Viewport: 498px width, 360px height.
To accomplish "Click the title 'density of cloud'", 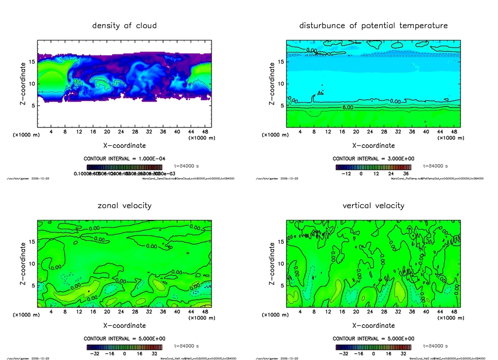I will tap(124, 25).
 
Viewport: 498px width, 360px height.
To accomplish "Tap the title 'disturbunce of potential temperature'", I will tap(373, 25).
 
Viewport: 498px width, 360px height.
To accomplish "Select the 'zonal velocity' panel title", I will tap(124, 205).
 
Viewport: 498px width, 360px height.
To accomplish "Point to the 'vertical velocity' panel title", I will tap(373, 205).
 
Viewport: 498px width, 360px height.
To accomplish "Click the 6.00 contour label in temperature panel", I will tap(348, 107).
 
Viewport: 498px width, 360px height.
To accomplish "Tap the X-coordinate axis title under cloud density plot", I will tap(124, 145).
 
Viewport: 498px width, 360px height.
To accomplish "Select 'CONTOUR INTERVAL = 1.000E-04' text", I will tap(124, 159).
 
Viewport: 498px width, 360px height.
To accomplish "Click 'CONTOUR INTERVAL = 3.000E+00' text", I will tap(373, 159).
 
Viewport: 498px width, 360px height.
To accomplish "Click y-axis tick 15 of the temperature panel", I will tap(280, 62).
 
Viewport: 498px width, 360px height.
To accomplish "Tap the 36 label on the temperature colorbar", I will tap(405, 173).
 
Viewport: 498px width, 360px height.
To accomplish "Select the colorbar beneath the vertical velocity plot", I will tap(373, 347).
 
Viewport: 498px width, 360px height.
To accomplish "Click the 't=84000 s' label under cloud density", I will tap(187, 166).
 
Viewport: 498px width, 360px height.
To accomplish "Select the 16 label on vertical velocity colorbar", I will tap(390, 354).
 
